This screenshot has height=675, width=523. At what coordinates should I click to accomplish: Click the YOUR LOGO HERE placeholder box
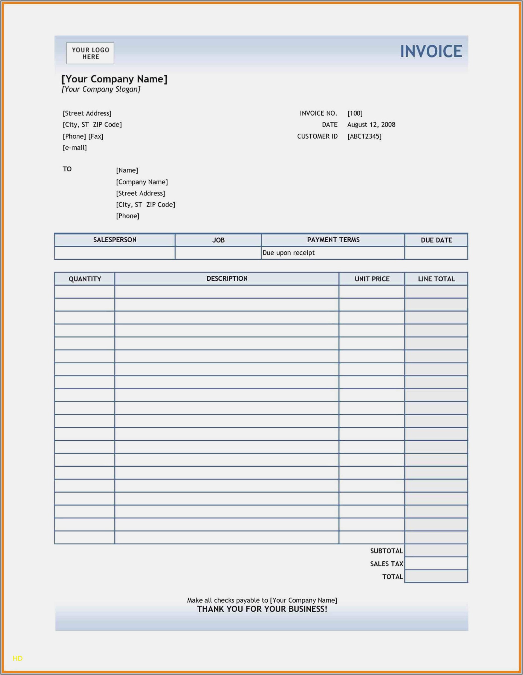point(90,53)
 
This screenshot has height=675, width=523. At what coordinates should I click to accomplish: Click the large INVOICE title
point(431,51)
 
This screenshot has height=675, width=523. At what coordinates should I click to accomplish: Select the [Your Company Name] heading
point(114,79)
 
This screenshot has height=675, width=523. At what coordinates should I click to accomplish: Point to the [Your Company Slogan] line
point(101,89)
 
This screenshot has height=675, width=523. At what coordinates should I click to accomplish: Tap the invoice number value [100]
point(355,113)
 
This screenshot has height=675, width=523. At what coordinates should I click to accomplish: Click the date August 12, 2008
point(371,125)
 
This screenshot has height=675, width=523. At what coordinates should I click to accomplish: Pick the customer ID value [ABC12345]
point(364,136)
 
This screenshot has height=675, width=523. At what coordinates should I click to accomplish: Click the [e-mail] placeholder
point(75,148)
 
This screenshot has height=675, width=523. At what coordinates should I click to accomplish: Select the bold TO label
point(67,169)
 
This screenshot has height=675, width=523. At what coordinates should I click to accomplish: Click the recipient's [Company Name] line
point(142,182)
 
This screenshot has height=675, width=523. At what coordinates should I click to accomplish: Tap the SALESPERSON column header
point(115,240)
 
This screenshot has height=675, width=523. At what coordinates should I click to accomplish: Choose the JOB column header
point(218,240)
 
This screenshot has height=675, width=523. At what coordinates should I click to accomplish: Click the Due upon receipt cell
point(288,253)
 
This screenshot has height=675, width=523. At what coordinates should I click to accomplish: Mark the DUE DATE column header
point(436,240)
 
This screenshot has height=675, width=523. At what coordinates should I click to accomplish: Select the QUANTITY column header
point(85,279)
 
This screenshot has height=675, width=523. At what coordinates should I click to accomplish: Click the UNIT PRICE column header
point(372,279)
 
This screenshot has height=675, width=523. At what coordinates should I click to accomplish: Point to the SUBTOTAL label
point(386,551)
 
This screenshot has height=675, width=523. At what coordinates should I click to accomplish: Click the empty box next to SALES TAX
point(436,564)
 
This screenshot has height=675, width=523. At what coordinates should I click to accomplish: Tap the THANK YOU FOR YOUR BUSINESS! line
point(262,609)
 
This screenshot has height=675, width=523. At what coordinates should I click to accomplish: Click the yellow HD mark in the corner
point(18,658)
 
